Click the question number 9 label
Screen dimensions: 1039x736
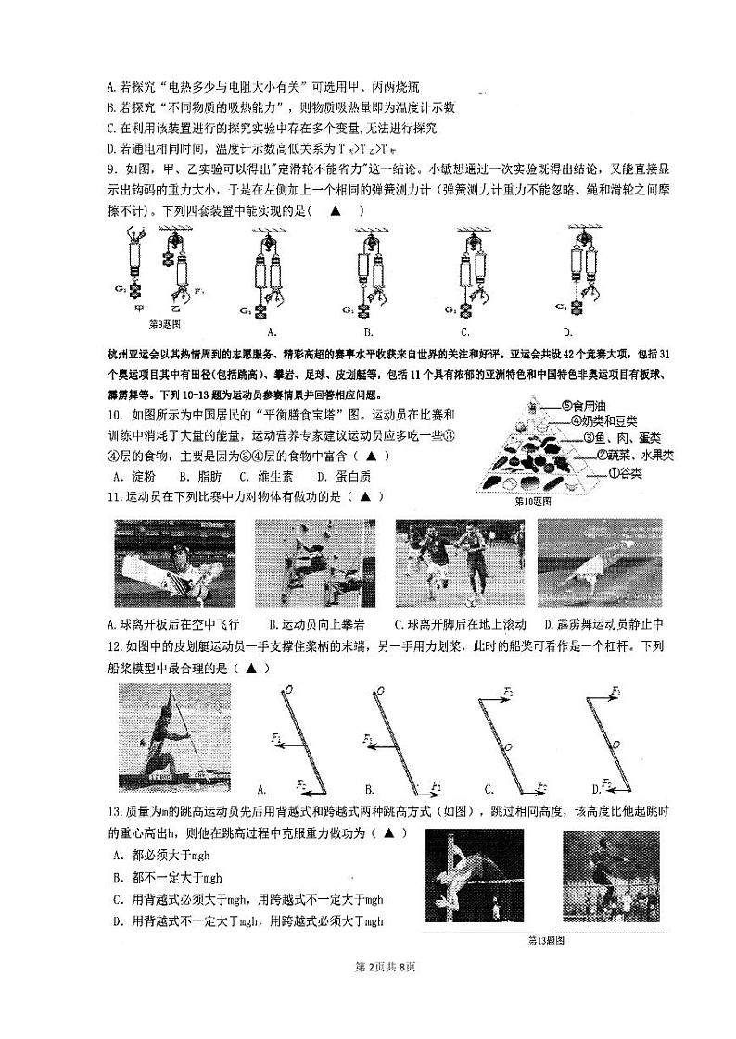click(x=111, y=169)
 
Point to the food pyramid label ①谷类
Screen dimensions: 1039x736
click(x=628, y=474)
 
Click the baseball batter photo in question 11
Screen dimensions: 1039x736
click(x=174, y=563)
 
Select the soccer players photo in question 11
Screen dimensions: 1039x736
click(x=455, y=563)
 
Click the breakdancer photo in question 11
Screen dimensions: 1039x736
click(x=599, y=563)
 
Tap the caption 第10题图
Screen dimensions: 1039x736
click(x=534, y=501)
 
